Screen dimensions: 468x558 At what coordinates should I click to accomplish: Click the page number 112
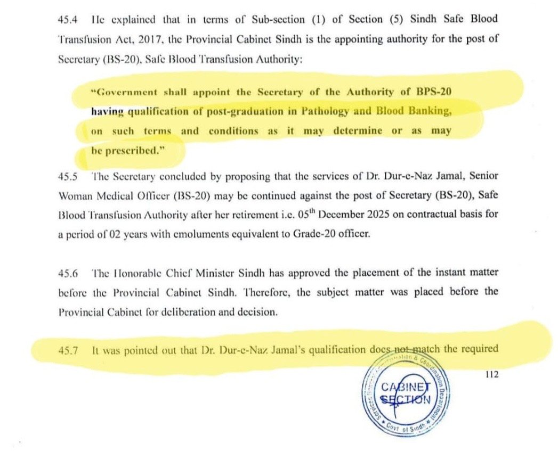click(x=490, y=375)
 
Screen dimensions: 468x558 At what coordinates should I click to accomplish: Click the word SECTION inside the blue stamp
click(x=405, y=399)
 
